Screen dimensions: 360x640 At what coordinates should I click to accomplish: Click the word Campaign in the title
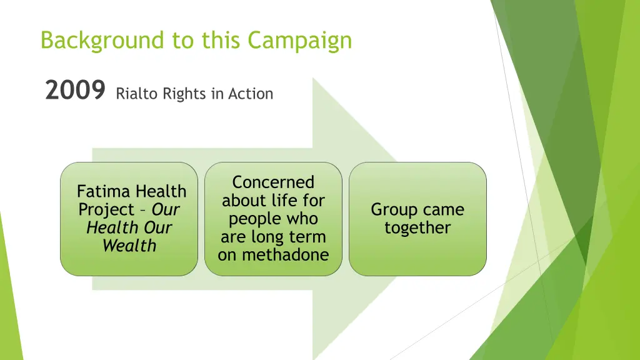click(x=300, y=41)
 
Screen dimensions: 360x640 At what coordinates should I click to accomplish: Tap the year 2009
click(x=75, y=92)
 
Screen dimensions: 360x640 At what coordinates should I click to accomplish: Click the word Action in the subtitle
click(x=251, y=94)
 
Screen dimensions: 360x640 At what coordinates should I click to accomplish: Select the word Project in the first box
click(x=106, y=210)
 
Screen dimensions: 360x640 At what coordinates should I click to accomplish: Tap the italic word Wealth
click(x=129, y=246)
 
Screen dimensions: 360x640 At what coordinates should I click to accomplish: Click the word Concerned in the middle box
click(x=273, y=182)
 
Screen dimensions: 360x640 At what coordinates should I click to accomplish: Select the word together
click(x=417, y=228)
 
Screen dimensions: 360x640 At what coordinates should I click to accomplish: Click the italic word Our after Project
click(x=166, y=210)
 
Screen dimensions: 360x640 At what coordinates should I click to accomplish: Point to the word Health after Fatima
click(x=161, y=191)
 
